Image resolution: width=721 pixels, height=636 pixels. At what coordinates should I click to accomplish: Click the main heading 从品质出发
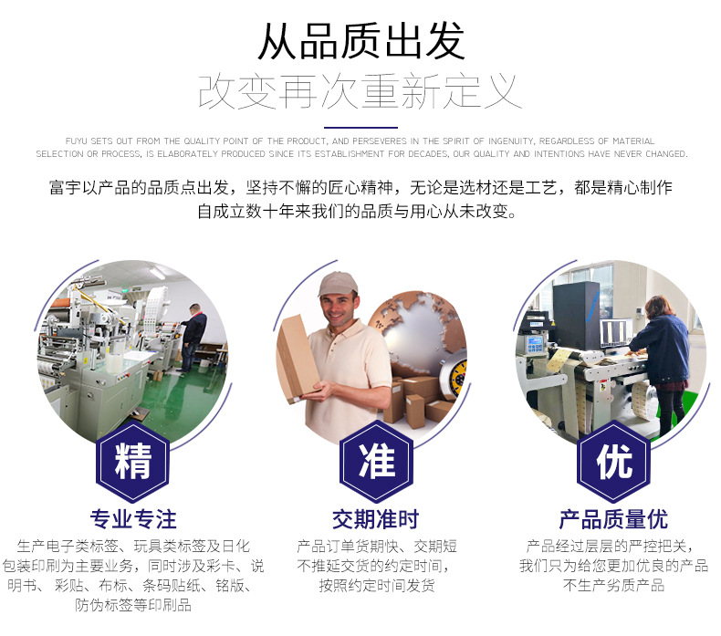coord(360,41)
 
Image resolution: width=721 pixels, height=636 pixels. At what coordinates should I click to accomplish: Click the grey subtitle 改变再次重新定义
coord(360,93)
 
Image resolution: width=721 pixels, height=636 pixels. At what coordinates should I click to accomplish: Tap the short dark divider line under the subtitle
coord(360,128)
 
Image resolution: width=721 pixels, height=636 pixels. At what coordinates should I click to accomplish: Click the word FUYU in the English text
coord(76,141)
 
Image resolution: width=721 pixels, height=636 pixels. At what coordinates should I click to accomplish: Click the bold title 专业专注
coord(133,520)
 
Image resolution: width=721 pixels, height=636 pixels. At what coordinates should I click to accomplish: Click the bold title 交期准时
coord(375,520)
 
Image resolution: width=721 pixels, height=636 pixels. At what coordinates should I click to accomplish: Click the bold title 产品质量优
coord(613,520)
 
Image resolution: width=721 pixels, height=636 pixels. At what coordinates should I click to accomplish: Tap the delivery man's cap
coord(337,284)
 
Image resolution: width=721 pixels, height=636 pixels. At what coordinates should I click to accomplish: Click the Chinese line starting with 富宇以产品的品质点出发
coord(360,188)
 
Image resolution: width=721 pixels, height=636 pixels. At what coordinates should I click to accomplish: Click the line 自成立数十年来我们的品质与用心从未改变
coord(360,213)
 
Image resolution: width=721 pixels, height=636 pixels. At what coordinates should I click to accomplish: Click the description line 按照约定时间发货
coord(376,586)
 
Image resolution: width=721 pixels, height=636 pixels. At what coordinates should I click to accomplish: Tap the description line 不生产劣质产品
coord(613,586)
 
